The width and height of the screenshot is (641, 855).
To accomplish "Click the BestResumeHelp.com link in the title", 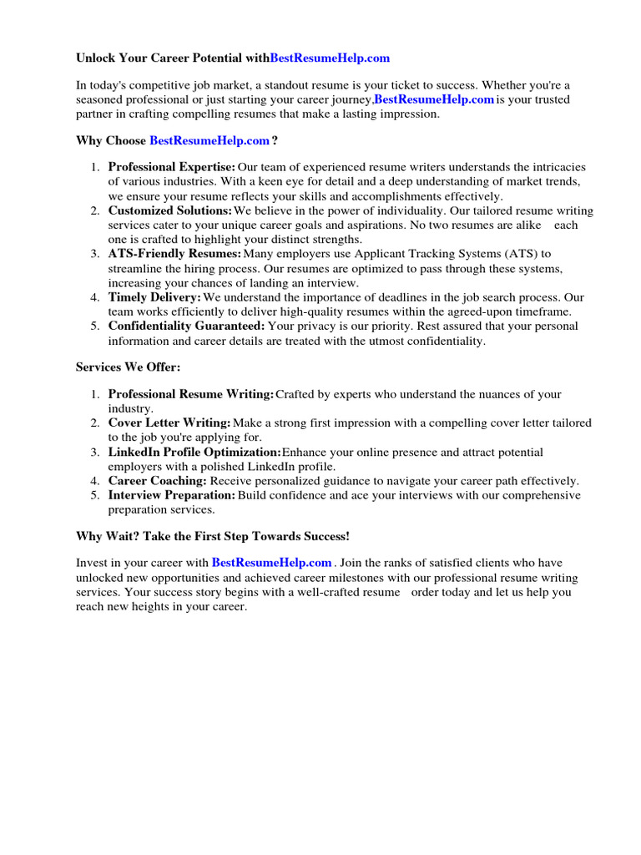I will (x=330, y=58).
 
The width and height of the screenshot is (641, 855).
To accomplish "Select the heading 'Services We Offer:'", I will (x=128, y=367).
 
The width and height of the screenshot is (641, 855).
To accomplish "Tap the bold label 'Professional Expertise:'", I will (x=172, y=167).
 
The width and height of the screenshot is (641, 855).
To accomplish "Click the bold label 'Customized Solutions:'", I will (x=170, y=210).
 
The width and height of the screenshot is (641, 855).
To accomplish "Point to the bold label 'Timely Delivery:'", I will (x=154, y=297).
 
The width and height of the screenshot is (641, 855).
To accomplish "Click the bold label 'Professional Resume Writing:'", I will (x=191, y=394).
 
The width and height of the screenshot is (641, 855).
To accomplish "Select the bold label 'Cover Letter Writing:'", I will (x=169, y=422).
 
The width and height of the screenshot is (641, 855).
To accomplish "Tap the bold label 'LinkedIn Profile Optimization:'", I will (x=194, y=452).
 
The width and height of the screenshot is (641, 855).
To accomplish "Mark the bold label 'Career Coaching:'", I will (x=158, y=481).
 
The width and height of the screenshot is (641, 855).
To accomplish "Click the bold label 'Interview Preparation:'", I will (x=172, y=495).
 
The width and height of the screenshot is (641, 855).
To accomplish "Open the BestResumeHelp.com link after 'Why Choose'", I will (x=209, y=140).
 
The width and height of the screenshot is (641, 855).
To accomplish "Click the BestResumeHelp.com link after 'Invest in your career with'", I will (x=272, y=563).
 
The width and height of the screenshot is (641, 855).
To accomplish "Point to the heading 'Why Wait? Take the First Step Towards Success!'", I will (x=213, y=535).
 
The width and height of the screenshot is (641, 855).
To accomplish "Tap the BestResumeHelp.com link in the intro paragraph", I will (x=433, y=99).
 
